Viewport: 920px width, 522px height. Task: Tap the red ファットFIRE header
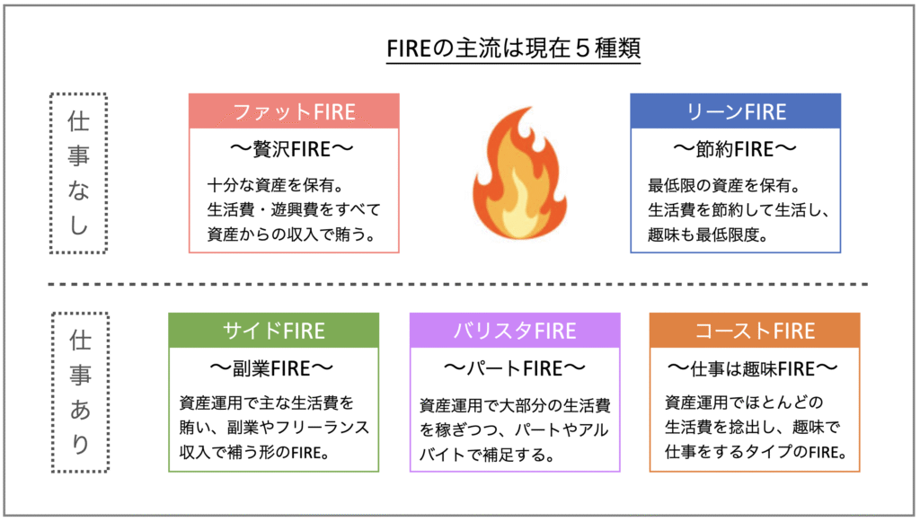[294, 111]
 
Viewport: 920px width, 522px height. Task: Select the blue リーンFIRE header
[735, 111]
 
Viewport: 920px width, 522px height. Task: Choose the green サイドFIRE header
[273, 330]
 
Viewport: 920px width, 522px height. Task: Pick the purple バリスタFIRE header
[515, 330]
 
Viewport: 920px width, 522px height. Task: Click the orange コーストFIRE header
[754, 330]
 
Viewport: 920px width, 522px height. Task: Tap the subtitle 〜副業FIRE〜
[273, 367]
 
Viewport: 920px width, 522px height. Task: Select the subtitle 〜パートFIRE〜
[515, 367]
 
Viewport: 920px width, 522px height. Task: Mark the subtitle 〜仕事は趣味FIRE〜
[754, 367]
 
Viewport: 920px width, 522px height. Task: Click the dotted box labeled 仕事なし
[78, 173]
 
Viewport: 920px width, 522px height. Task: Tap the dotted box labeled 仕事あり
[78, 393]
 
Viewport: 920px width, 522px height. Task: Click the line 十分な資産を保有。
[270, 187]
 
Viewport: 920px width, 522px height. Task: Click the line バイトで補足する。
[485, 454]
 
